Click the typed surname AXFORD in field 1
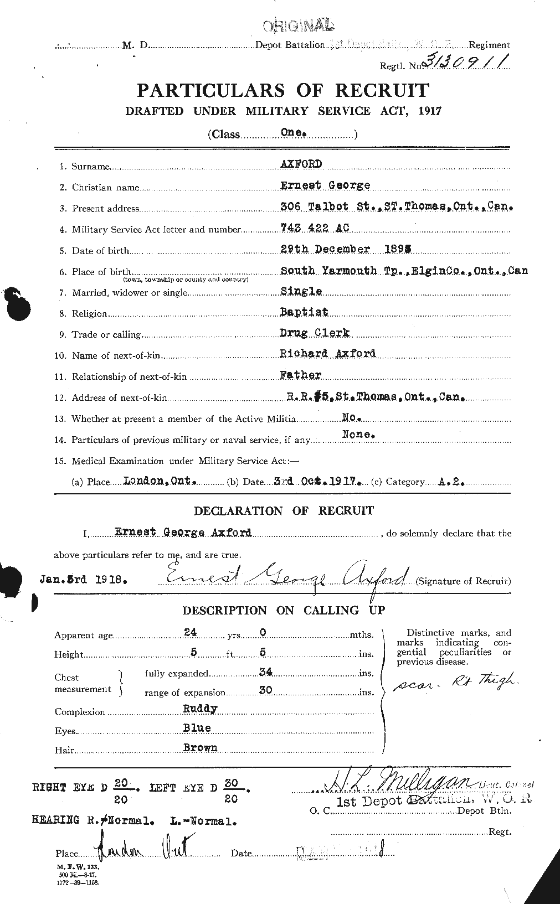tap(302, 164)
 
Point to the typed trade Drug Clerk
tap(316, 333)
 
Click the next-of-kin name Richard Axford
tap(328, 354)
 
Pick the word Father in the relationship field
tap(301, 375)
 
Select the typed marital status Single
tap(301, 291)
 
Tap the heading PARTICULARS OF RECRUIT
tap(283, 90)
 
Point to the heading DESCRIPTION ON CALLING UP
tap(284, 611)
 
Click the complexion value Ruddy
tap(200, 709)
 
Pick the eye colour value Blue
tap(197, 728)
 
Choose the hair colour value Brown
tap(200, 747)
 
